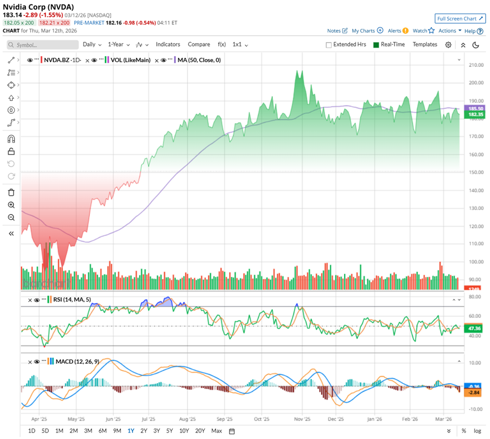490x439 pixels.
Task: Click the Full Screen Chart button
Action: pyautogui.click(x=460, y=18)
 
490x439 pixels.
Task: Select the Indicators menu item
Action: pyautogui.click(x=168, y=44)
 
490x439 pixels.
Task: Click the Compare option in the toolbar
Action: pyautogui.click(x=199, y=44)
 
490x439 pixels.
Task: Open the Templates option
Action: pyautogui.click(x=425, y=44)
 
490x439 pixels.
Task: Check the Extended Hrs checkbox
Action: pyautogui.click(x=329, y=45)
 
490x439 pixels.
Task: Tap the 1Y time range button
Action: pyautogui.click(x=131, y=431)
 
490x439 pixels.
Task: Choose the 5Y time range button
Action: pyautogui.click(x=170, y=431)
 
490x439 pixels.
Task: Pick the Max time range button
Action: pyautogui.click(x=217, y=431)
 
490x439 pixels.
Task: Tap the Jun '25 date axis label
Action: pyautogui.click(x=113, y=419)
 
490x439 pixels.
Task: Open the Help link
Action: pyautogui.click(x=470, y=31)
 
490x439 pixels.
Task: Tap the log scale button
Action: pyautogui.click(x=477, y=431)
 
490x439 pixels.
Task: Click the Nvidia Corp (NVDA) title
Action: pyautogui.click(x=39, y=7)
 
